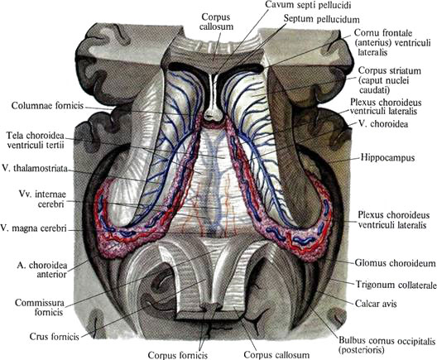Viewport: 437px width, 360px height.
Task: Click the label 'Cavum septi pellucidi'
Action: coord(308,4)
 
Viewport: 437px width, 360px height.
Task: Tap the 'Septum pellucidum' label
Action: coord(322,19)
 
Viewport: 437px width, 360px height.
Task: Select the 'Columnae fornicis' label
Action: coord(48,106)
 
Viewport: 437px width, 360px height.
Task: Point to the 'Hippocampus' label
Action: coord(387,158)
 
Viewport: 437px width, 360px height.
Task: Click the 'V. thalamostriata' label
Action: coord(35,169)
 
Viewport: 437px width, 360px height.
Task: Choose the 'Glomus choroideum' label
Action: coord(395,263)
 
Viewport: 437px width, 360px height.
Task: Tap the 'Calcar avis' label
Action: coord(376,304)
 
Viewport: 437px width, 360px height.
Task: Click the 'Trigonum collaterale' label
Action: coord(396,285)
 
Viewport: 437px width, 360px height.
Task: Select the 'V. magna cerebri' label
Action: coord(33,228)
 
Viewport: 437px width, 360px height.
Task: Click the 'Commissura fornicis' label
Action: coord(40,307)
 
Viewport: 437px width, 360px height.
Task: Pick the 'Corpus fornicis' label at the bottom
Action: coord(178,355)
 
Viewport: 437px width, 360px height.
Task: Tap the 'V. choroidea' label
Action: coord(383,123)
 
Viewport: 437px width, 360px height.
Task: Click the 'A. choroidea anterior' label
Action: coord(42,270)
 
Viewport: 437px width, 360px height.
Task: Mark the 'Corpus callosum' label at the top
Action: coord(216,22)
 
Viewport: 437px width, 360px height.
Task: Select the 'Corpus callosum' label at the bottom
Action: coord(276,355)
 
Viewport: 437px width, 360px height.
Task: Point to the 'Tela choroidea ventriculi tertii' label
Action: coord(36,140)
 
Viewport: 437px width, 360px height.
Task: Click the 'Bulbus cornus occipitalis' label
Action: coord(387,345)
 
